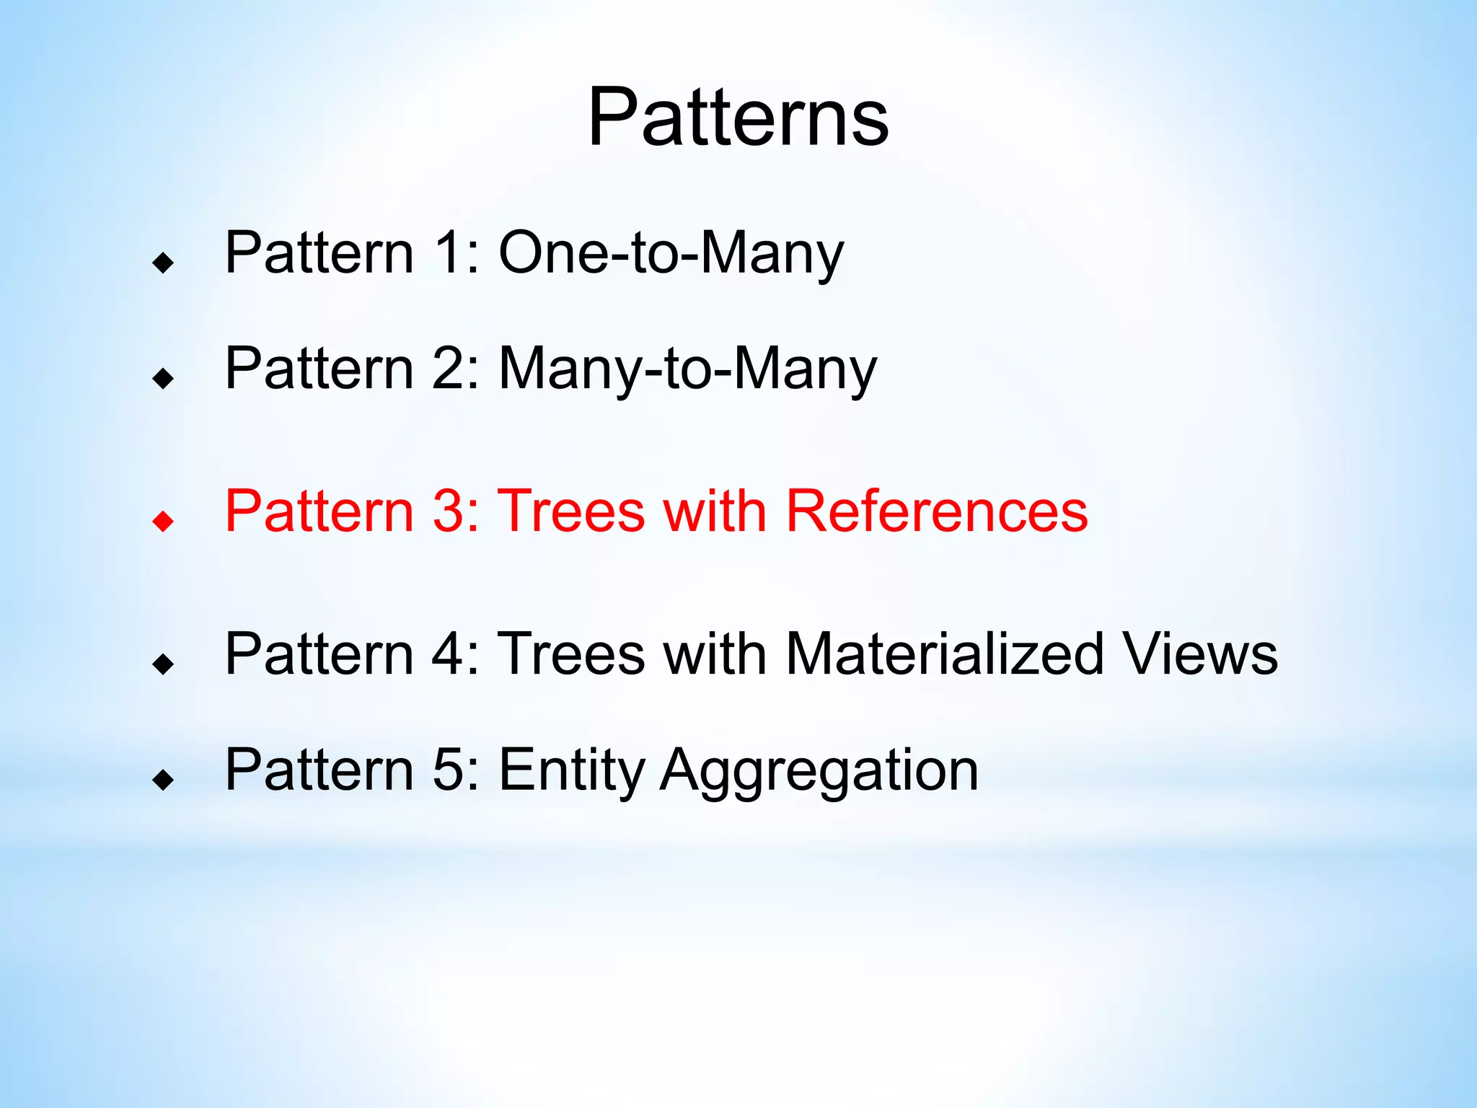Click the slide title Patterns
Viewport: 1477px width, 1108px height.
coord(738,118)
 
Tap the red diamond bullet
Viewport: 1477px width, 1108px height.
coord(164,521)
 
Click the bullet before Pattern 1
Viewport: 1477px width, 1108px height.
coord(164,263)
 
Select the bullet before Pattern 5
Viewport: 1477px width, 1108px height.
coord(164,779)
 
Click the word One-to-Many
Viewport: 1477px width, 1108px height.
coord(671,253)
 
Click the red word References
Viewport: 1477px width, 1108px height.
coord(936,511)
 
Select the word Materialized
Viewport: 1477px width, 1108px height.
coord(944,654)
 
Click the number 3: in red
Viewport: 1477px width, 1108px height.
coord(456,511)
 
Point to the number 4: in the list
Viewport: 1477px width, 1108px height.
coord(456,654)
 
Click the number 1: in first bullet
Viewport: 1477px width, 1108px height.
coord(456,253)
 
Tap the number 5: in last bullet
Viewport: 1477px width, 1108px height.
coord(456,770)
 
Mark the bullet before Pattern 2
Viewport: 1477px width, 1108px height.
coord(164,378)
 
